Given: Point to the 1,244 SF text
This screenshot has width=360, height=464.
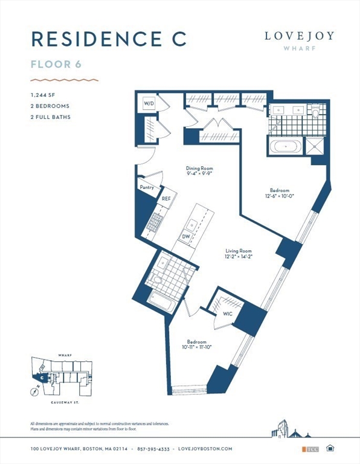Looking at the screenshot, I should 43,95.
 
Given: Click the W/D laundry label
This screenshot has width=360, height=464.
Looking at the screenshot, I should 149,103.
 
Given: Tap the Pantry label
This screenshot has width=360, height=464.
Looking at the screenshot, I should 147,188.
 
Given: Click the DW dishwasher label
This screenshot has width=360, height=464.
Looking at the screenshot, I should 186,236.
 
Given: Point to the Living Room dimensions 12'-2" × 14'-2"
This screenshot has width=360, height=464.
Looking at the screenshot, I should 238,257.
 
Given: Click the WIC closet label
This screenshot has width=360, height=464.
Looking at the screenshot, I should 228,314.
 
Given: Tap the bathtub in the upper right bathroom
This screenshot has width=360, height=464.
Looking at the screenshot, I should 284,146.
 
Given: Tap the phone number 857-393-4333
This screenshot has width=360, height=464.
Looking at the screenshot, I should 158,449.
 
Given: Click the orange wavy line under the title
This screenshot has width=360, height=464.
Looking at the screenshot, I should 64,79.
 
